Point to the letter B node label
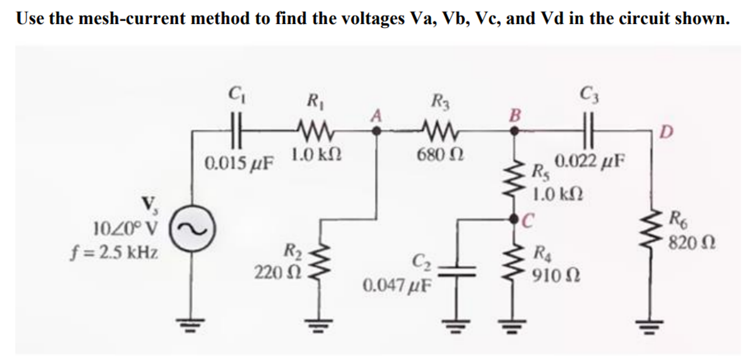515,112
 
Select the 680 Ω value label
436,155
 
